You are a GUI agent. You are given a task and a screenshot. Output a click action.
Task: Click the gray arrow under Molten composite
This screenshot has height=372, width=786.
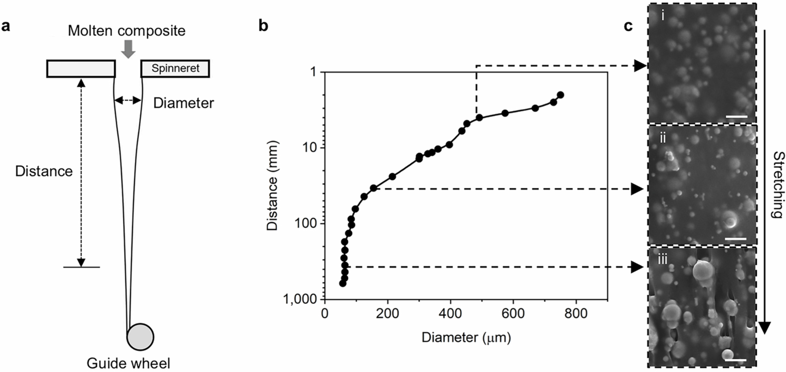coord(128,49)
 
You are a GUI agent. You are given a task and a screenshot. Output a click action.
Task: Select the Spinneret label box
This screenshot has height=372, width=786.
coord(175,69)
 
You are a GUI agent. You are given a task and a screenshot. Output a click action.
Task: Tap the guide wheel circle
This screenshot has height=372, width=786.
coord(140,337)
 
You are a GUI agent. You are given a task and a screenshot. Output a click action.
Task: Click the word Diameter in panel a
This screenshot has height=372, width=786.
coord(183,103)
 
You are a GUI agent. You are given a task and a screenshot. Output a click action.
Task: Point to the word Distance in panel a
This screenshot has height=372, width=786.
coord(44,171)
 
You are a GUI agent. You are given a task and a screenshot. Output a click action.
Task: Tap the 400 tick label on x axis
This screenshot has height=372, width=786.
coord(450,313)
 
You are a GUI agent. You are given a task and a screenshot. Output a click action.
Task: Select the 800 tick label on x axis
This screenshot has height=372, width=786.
coord(576,313)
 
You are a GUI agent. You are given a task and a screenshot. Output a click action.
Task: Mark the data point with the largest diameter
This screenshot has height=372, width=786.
coord(560,95)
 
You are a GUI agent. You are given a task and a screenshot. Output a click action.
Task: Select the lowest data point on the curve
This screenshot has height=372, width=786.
coord(343,283)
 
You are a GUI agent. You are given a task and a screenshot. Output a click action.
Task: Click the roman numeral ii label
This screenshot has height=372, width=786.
coord(663,138)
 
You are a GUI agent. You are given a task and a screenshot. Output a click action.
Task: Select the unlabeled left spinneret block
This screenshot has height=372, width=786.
coord(81,69)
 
